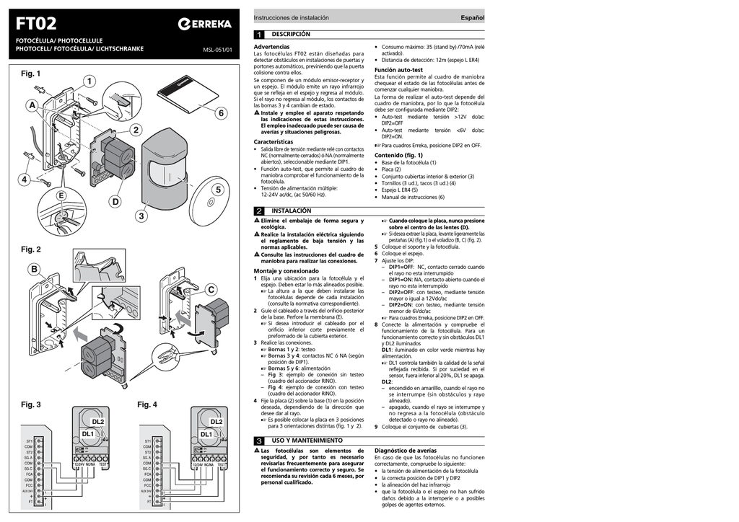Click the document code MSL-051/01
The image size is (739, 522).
[x=217, y=50]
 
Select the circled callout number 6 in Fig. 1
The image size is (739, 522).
[x=220, y=112]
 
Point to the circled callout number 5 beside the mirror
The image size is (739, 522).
[x=217, y=190]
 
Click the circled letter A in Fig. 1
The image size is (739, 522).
[x=32, y=106]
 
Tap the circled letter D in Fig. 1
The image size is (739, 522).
[x=115, y=202]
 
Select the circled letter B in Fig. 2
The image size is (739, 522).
[x=34, y=270]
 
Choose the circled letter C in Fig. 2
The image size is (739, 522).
[x=211, y=289]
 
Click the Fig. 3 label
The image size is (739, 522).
[x=31, y=404]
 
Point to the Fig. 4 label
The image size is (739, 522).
[x=147, y=404]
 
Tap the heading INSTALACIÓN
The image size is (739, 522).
[x=291, y=211]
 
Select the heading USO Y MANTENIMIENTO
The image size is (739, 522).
[x=307, y=440]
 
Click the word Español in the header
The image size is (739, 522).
[x=473, y=17]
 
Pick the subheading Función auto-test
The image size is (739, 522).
[x=398, y=70]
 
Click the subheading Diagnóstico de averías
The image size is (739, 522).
[x=405, y=450]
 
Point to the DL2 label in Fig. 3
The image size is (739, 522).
[x=98, y=422]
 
